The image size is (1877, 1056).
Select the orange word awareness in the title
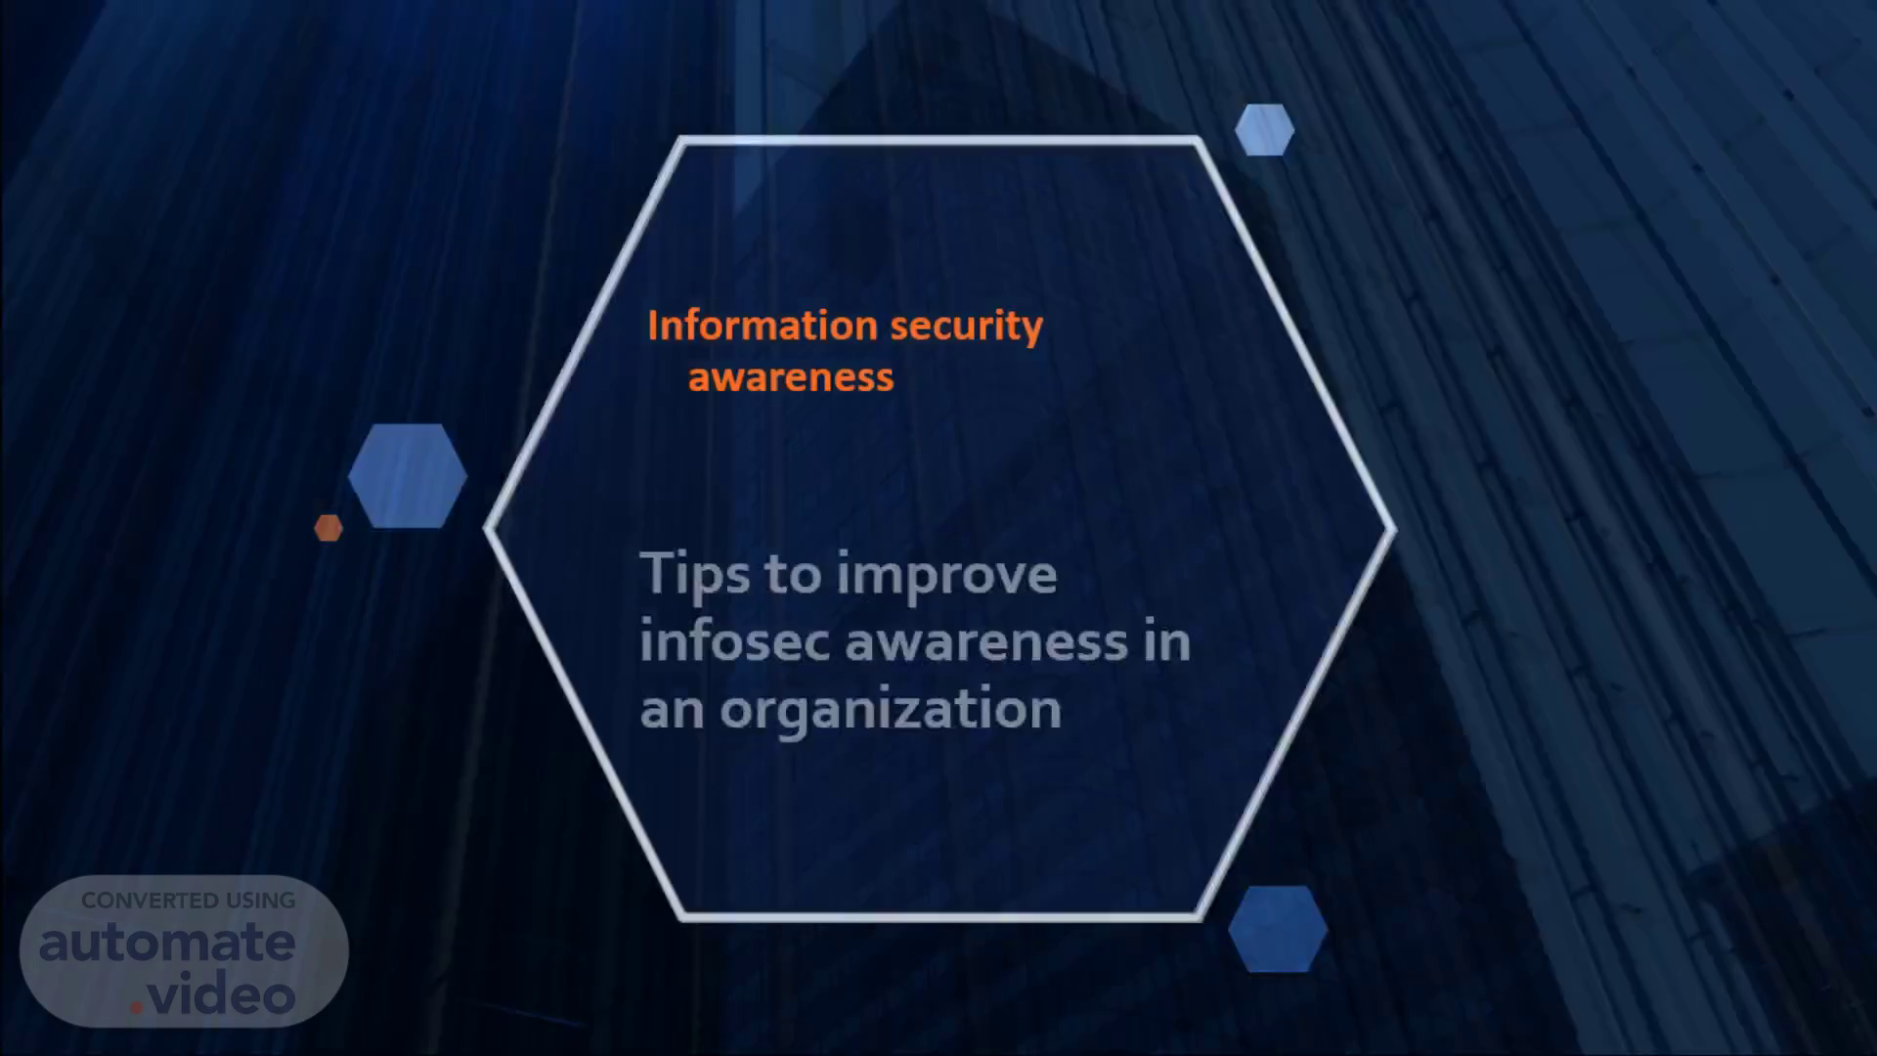pyautogui.click(x=791, y=378)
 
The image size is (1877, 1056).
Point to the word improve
pyautogui.click(x=946, y=575)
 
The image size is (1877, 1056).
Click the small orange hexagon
pyautogui.click(x=328, y=528)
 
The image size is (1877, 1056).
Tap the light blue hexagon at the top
pyautogui.click(x=1264, y=130)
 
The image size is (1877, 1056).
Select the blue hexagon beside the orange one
pyautogui.click(x=408, y=476)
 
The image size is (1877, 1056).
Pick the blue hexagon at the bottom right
pyautogui.click(x=1278, y=929)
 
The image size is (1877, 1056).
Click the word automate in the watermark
pyautogui.click(x=167, y=943)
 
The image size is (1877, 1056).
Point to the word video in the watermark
pyautogui.click(x=221, y=995)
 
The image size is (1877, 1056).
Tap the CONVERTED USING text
pyautogui.click(x=189, y=901)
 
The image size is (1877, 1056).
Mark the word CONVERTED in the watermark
pyautogui.click(x=151, y=901)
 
